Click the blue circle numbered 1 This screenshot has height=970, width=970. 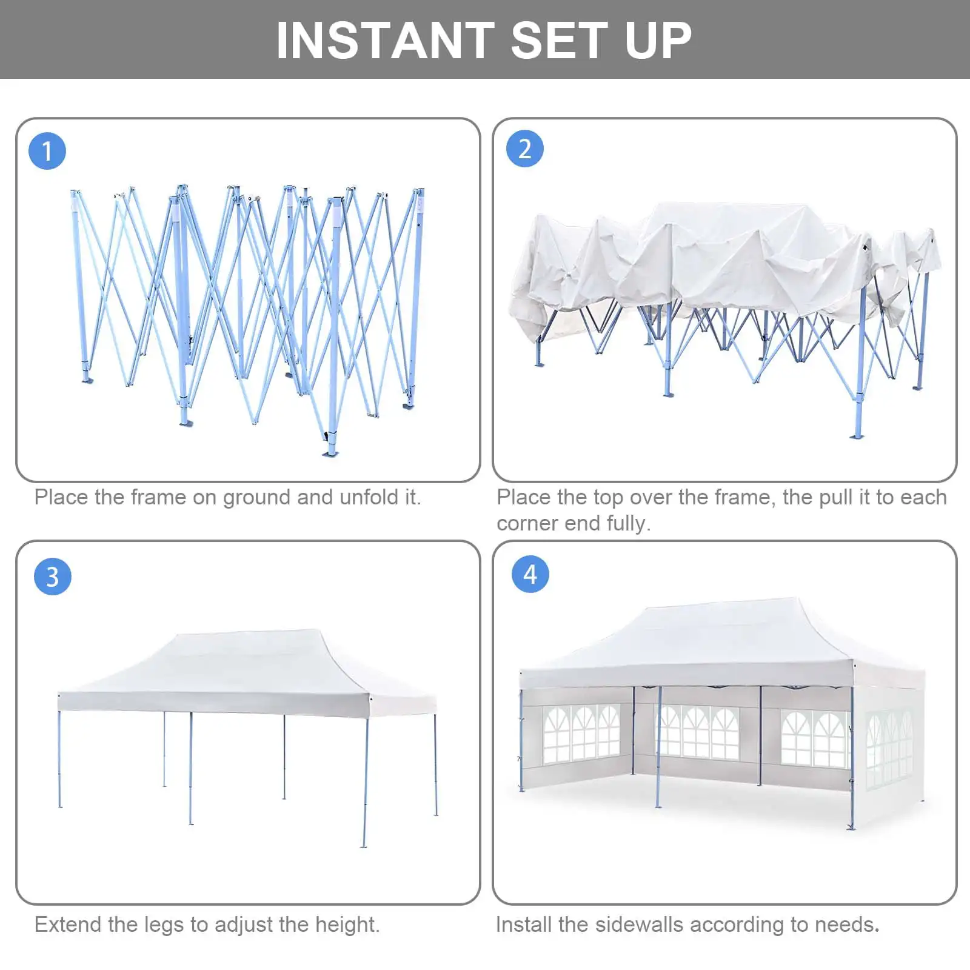47,151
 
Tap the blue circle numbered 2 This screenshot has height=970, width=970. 525,149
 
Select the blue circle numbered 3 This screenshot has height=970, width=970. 53,577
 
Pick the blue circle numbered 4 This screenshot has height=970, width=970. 530,574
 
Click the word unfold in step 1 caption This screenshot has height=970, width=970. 369,497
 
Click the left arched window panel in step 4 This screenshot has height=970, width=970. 581,734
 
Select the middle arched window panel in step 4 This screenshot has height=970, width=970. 699,734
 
